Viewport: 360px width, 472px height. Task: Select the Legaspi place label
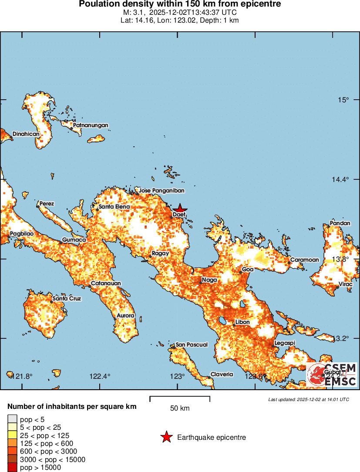285,343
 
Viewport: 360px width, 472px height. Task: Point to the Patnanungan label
90,125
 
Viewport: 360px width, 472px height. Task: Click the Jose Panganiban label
161,191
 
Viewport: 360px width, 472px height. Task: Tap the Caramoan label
304,260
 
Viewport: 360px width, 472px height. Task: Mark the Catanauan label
105,283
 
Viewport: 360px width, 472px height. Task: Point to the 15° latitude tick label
344,100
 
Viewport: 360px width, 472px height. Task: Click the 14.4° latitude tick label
341,179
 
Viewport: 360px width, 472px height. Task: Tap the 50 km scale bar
180,398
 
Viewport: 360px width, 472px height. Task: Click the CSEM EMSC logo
332,375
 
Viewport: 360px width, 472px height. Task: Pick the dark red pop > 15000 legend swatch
12,468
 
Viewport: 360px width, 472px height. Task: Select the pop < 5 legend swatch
12,419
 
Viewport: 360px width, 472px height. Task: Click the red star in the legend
166,437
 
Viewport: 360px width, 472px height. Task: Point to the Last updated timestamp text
308,399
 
